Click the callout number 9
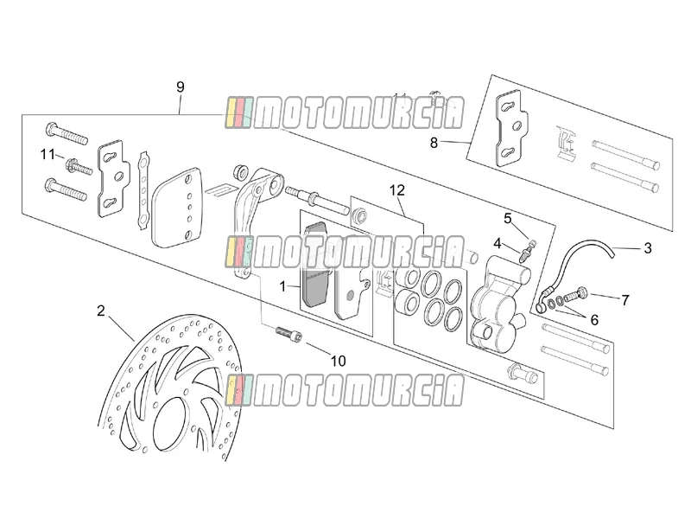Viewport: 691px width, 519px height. click(x=180, y=87)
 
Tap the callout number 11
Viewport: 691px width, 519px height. click(x=48, y=155)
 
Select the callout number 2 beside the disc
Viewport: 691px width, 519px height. click(x=101, y=311)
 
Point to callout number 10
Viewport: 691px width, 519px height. click(x=338, y=361)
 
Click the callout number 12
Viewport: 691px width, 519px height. click(x=396, y=190)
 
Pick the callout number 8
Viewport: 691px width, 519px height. click(x=434, y=143)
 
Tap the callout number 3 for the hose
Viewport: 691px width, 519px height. click(x=647, y=248)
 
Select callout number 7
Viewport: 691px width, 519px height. click(x=624, y=300)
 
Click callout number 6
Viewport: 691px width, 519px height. click(x=594, y=319)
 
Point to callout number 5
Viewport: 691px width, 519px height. click(x=508, y=218)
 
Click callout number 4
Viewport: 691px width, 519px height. click(x=498, y=243)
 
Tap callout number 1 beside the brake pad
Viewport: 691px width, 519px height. click(x=283, y=286)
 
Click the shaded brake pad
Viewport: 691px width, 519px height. click(x=315, y=264)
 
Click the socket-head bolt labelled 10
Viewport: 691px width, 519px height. click(x=289, y=334)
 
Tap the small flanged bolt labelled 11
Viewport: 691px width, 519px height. click(x=79, y=168)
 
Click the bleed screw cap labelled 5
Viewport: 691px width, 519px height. click(x=532, y=243)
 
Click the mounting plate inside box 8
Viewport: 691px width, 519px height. click(x=512, y=129)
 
